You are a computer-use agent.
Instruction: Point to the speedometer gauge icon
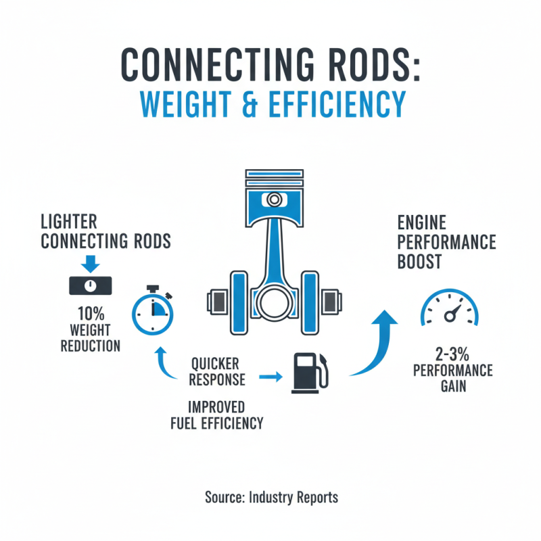point(449,308)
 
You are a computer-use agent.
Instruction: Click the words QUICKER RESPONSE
point(216,371)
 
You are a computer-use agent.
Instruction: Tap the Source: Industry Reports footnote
point(271,498)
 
